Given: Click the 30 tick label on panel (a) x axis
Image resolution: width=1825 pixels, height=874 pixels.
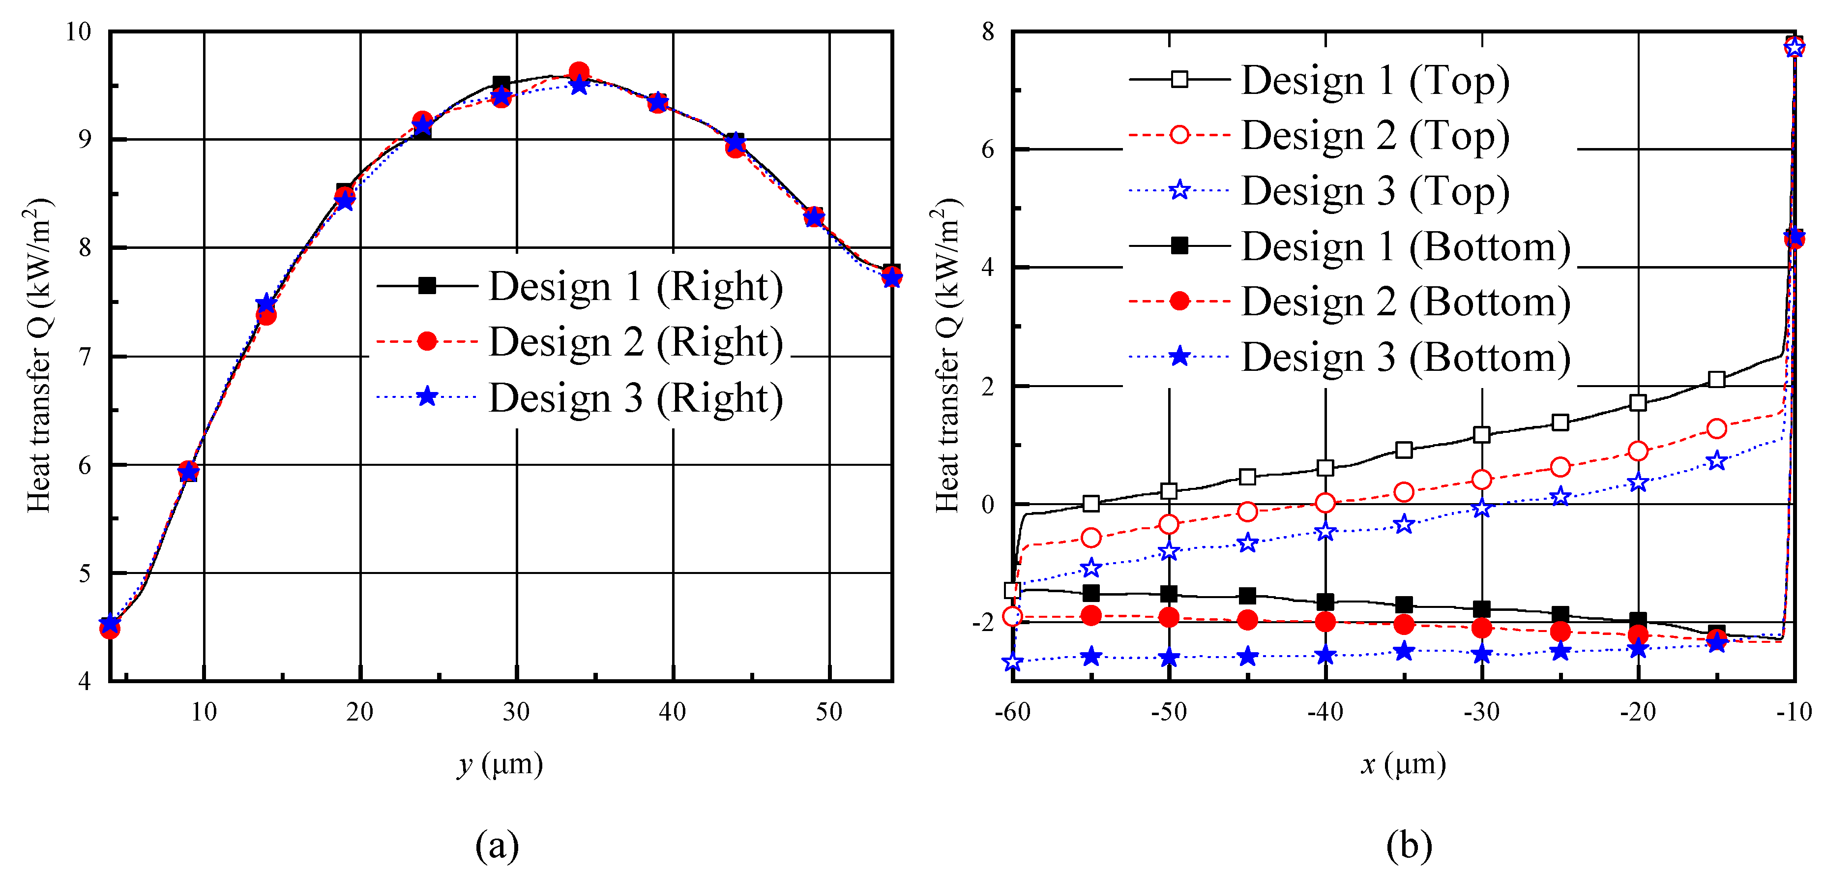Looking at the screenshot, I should coord(516,711).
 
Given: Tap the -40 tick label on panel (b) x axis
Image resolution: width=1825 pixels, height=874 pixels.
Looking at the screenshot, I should coord(1325,711).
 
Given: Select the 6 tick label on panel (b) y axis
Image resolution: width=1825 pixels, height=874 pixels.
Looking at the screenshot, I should coord(988,150).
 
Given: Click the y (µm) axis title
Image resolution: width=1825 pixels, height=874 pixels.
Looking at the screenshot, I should coord(500,764).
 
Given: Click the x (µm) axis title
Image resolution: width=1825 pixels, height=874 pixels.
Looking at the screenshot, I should coord(1403,764).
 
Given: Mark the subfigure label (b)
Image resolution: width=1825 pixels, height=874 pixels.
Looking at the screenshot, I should coord(1409,845).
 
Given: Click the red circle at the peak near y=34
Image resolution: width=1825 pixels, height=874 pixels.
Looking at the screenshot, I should coord(579,72).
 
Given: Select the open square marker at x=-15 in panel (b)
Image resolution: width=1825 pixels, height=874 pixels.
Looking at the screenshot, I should coord(1716,379).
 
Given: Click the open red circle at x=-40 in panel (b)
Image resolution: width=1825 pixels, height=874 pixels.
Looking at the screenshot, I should coord(1325,503).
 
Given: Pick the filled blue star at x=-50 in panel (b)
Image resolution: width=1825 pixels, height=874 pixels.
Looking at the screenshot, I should coord(1169,658).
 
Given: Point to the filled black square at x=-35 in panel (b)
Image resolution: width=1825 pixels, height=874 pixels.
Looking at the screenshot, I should coord(1404,604).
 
